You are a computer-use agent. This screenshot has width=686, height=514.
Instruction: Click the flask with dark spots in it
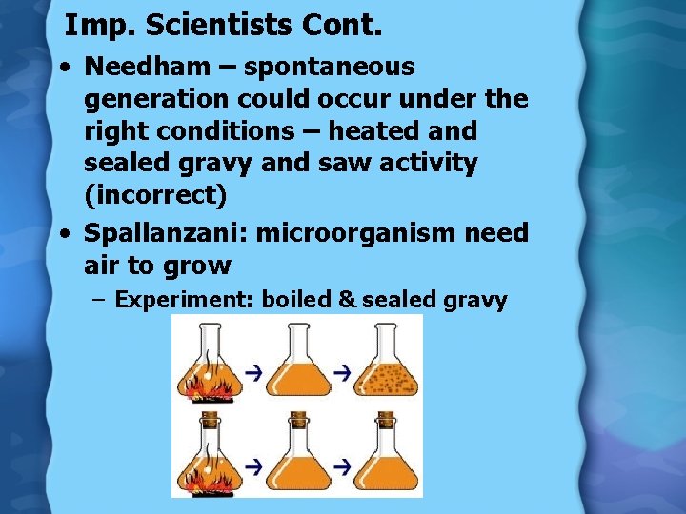[x=387, y=366]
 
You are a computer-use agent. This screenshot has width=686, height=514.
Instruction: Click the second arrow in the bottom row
[x=342, y=466]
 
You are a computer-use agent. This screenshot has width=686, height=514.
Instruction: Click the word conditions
[x=204, y=131]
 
